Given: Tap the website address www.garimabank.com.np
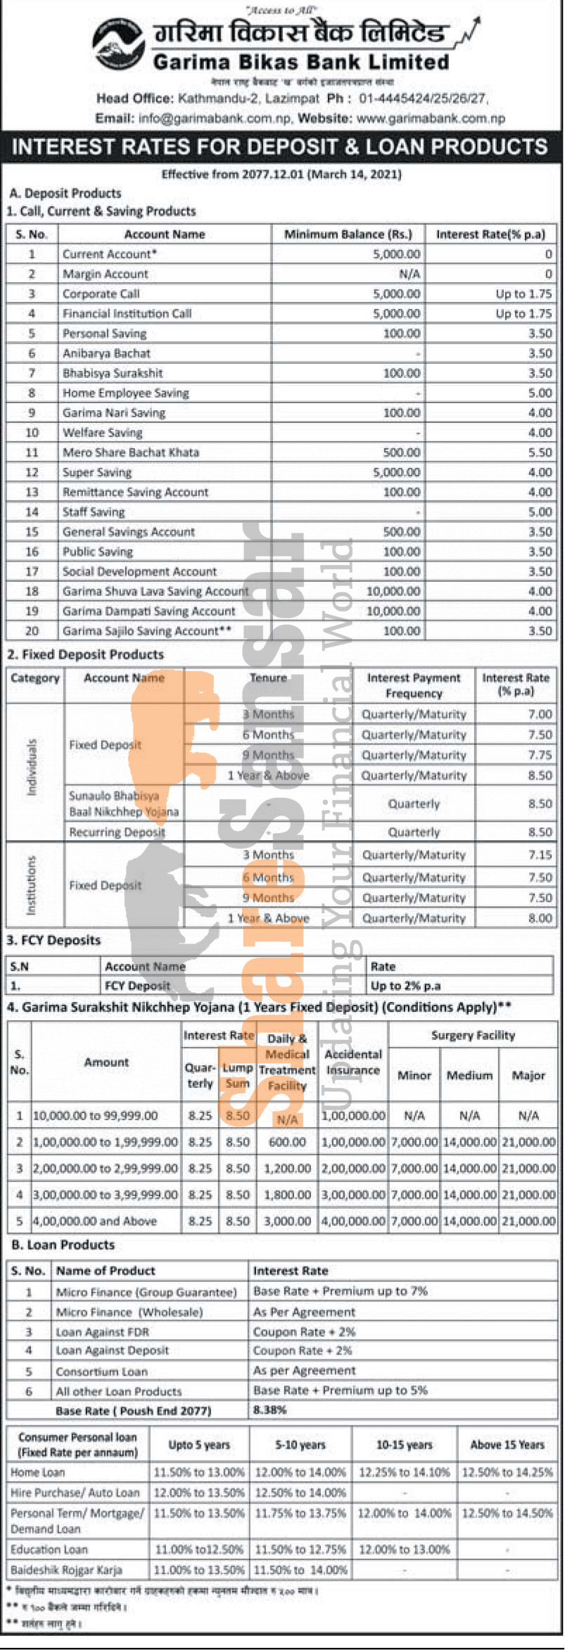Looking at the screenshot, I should point(430,118).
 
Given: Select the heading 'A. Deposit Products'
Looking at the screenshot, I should point(65,193).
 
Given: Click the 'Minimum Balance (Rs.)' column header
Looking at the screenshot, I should point(348,234).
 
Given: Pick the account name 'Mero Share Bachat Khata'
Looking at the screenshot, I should point(131,452).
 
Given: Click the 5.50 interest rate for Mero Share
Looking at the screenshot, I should point(540,452).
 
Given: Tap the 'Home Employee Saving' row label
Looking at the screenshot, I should point(125,393).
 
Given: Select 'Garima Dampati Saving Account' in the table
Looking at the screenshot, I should point(148,611).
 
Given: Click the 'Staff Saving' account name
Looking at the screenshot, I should point(94,512).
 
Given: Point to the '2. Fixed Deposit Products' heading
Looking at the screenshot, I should point(85,654).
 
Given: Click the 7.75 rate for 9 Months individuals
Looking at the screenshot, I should point(540,754).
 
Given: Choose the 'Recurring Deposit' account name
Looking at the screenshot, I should point(117,832).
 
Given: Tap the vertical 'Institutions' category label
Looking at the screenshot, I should point(32,884).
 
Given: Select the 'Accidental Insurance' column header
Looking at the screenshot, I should point(353,1062).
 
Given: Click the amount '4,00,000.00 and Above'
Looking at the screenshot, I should point(95,1221).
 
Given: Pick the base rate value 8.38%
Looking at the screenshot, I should point(269,1410).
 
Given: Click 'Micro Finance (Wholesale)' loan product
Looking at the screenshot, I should point(129,1312).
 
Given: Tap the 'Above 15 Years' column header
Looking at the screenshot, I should point(507,1445).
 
